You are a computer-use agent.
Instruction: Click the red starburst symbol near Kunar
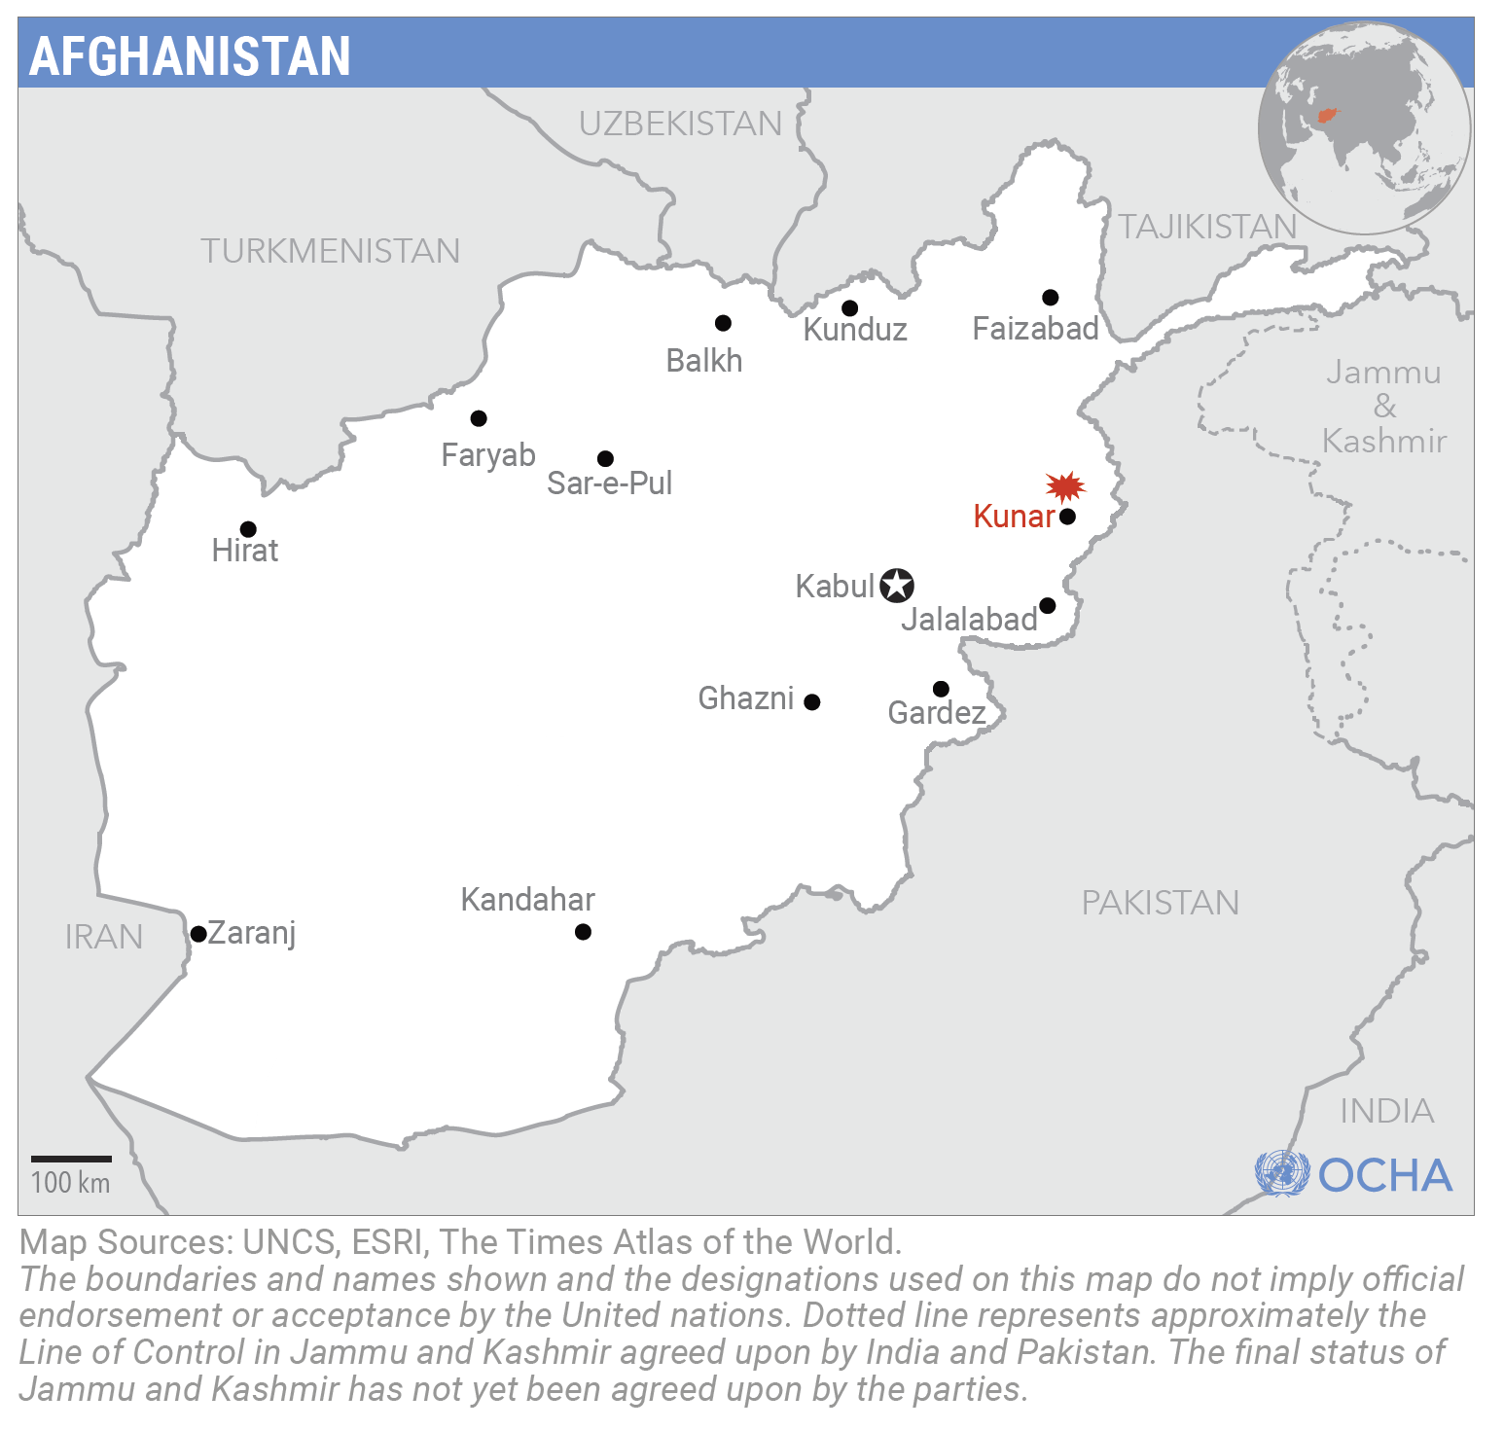click(x=1065, y=485)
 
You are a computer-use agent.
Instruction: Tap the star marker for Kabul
click(x=897, y=586)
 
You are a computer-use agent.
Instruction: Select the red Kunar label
click(x=1014, y=517)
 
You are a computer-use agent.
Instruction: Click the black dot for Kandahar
click(x=583, y=932)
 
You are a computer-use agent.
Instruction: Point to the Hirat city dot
click(x=248, y=529)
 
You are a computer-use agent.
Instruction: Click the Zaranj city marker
click(x=198, y=934)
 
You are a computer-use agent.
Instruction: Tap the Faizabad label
click(x=1035, y=329)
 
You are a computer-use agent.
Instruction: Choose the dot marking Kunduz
click(x=849, y=308)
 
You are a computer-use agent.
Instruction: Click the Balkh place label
click(x=703, y=361)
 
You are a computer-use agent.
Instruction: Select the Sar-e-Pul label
click(x=609, y=483)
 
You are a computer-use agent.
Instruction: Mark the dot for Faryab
click(x=479, y=418)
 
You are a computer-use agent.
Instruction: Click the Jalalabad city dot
click(x=1048, y=606)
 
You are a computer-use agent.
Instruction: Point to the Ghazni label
click(x=746, y=698)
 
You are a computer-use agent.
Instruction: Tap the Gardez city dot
click(x=941, y=689)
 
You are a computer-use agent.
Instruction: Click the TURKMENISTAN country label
click(x=330, y=251)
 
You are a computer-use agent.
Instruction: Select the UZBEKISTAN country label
click(x=680, y=124)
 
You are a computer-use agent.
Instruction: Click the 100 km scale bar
click(x=71, y=1159)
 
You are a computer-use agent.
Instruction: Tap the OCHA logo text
click(x=1384, y=1175)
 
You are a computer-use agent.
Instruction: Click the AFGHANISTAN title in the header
click(x=190, y=55)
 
